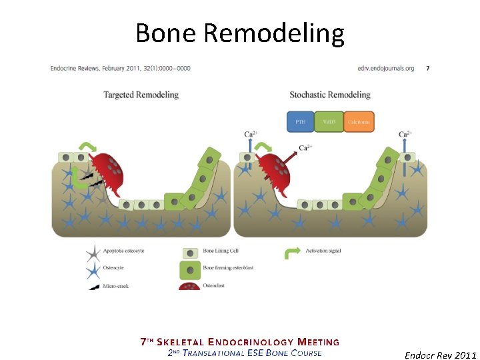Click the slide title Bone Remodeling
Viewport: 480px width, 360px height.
[x=239, y=32]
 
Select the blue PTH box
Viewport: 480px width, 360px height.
[x=300, y=122]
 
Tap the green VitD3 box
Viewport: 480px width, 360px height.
[x=329, y=122]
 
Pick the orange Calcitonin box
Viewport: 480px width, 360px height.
[x=359, y=122]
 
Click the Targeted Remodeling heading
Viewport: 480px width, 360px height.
[x=141, y=95]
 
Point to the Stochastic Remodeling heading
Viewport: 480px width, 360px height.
[x=330, y=95]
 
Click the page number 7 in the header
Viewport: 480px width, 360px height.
[x=427, y=68]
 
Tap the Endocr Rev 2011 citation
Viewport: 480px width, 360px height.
[x=440, y=355]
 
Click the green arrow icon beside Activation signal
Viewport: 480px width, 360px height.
[x=291, y=251]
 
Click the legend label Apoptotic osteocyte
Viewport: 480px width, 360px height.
[x=119, y=251]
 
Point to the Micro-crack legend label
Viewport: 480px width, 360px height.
[x=115, y=286]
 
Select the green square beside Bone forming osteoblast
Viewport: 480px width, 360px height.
[x=191, y=269]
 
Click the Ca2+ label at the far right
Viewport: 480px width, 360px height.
[x=404, y=134]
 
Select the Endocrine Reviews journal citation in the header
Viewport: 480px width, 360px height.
[x=120, y=68]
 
